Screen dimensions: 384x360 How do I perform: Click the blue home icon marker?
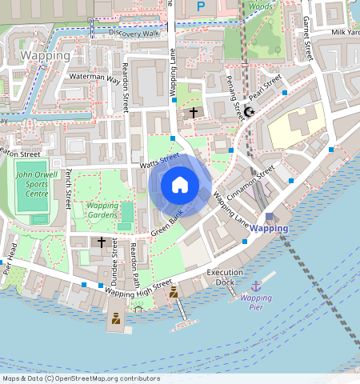click(x=180, y=186)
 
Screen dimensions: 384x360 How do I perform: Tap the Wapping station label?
click(x=268, y=228)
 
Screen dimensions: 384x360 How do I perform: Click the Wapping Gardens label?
click(x=102, y=210)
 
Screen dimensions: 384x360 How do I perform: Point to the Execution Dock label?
click(x=225, y=277)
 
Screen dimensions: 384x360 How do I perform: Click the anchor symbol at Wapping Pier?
click(x=256, y=286)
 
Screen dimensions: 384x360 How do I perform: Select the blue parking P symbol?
click(x=201, y=6)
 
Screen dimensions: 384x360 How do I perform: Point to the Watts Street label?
click(x=161, y=162)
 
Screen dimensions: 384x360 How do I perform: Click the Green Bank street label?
click(x=167, y=226)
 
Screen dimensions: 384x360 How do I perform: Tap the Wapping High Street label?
click(x=138, y=289)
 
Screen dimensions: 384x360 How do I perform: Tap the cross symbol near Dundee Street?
click(x=101, y=242)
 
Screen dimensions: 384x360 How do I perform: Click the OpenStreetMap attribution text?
click(x=81, y=378)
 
